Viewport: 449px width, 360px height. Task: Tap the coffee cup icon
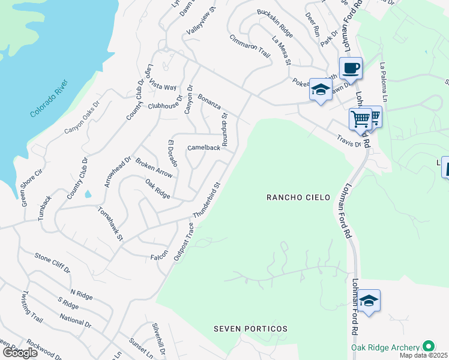[x=351, y=68]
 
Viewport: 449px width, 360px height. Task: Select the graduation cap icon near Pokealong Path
[x=321, y=91]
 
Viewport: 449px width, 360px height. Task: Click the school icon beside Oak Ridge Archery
[x=369, y=301]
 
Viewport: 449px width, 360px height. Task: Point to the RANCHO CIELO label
[x=299, y=197]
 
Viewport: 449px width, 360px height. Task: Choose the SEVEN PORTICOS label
[x=251, y=329]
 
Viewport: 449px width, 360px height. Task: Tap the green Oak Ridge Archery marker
[x=428, y=346]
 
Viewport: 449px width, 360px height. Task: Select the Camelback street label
[x=203, y=148]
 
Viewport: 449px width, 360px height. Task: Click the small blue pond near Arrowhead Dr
[x=89, y=194]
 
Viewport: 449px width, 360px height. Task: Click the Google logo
[x=20, y=352]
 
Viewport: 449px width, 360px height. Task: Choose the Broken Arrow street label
[x=154, y=168]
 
